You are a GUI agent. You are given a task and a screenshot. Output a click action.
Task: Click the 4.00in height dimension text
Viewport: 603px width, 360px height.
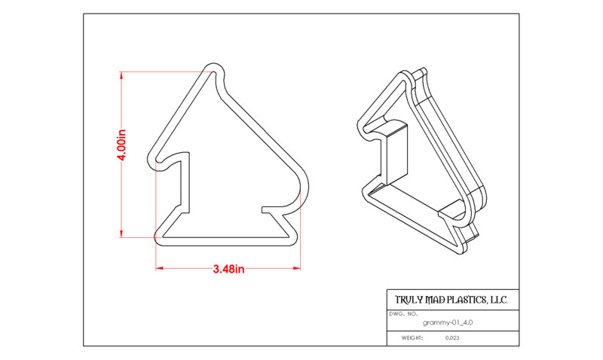(x=121, y=145)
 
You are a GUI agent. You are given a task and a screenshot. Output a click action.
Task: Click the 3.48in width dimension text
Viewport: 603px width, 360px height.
(x=229, y=269)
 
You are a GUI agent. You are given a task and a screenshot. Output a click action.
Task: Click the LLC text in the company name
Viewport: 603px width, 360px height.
(x=499, y=300)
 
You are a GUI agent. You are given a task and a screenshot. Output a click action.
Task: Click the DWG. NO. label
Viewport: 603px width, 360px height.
(x=403, y=314)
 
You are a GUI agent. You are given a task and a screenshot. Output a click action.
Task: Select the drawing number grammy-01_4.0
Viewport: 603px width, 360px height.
(x=448, y=323)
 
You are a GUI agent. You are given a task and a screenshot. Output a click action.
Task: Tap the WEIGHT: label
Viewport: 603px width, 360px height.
(x=412, y=338)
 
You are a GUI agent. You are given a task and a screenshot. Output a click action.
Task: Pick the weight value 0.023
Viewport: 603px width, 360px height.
(x=452, y=338)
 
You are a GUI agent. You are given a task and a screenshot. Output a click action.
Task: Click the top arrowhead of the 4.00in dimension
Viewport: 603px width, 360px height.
(x=121, y=75)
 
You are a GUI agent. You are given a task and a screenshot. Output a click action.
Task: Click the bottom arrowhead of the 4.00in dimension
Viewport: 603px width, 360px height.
(x=121, y=233)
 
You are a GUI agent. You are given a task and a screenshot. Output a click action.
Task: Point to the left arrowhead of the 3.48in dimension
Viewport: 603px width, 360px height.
(x=160, y=268)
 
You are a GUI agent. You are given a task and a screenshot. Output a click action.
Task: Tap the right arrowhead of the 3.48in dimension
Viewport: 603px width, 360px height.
(x=296, y=268)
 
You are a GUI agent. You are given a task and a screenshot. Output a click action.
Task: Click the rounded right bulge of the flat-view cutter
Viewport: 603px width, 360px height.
(x=307, y=188)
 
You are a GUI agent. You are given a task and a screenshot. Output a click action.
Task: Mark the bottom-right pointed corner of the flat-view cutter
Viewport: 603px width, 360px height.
(x=296, y=239)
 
